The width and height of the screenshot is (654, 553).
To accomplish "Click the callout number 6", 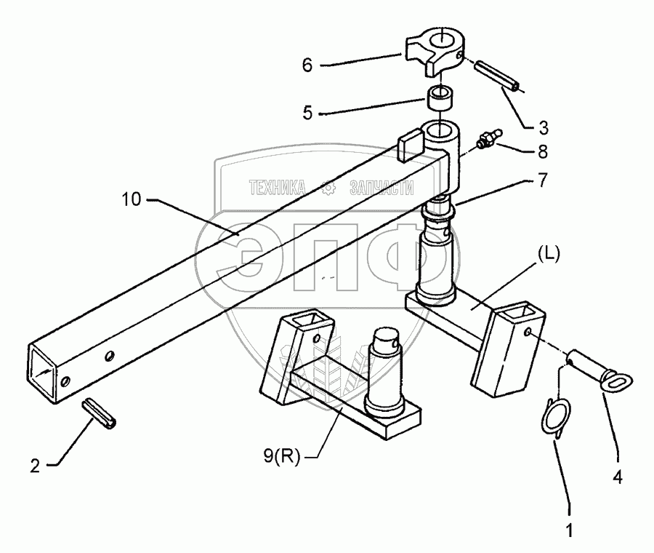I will pyautogui.click(x=307, y=65).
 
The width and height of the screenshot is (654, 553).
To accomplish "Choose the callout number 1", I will pyautogui.click(x=570, y=530).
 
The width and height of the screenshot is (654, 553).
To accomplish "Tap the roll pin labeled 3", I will pyautogui.click(x=497, y=75).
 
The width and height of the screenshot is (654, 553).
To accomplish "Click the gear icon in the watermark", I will pyautogui.click(x=328, y=188).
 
